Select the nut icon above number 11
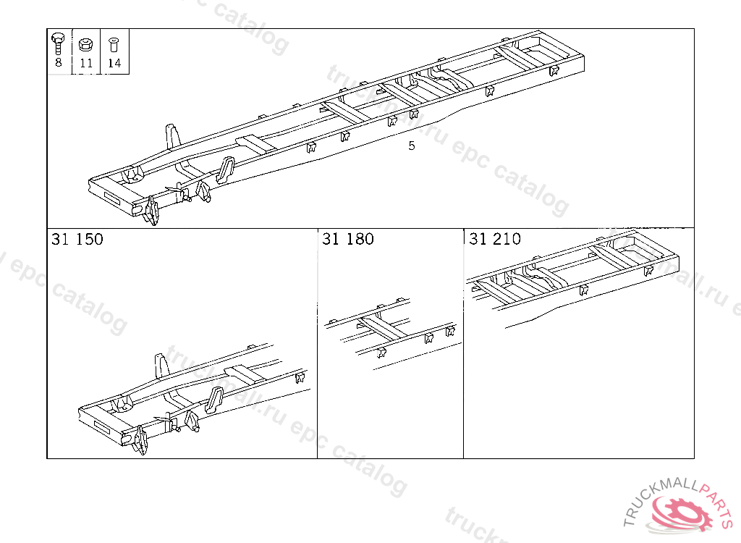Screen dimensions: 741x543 click(x=85, y=43)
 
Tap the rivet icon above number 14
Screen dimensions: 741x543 click(x=113, y=44)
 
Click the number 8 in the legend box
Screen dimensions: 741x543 click(x=58, y=62)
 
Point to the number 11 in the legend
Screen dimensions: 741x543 click(x=86, y=62)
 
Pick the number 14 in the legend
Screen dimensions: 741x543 click(x=114, y=62)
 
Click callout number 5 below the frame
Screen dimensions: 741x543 click(x=412, y=146)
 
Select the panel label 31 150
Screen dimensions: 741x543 click(x=77, y=239)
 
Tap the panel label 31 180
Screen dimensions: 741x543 click(x=348, y=239)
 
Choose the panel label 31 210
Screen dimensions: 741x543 click(x=495, y=239)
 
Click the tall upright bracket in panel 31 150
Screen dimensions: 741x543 click(x=161, y=367)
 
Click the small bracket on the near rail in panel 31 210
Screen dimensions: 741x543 click(x=584, y=290)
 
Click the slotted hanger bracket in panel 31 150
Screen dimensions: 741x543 click(x=215, y=400)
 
